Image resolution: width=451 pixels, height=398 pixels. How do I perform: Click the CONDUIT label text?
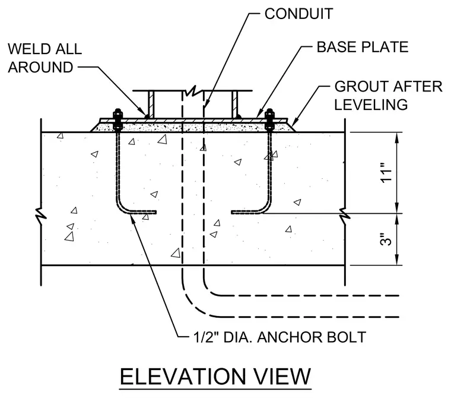(298, 14)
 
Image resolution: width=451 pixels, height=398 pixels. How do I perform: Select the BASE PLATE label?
(363, 47)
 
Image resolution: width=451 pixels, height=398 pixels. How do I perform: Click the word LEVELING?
(371, 105)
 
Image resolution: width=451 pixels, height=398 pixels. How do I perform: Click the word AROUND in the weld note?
(40, 67)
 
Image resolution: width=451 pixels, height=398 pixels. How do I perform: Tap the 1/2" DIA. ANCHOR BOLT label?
(280, 337)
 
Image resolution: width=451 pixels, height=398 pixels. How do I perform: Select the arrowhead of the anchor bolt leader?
(132, 219)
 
